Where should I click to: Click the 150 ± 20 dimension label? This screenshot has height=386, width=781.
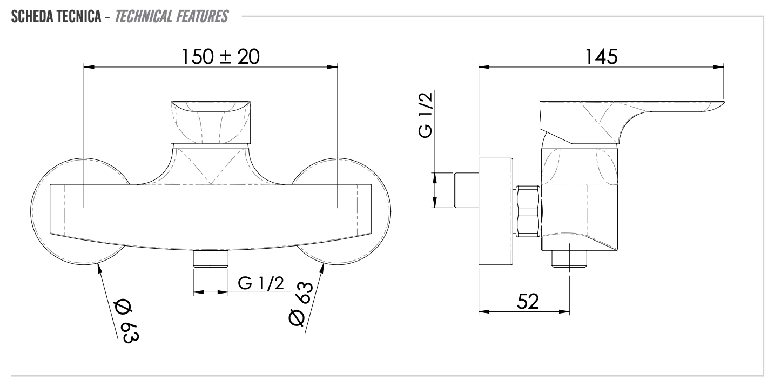point(221,57)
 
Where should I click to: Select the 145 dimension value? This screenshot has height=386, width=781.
point(601,57)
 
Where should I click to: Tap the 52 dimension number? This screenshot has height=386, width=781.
point(528,301)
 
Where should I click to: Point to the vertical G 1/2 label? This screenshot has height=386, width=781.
point(426,115)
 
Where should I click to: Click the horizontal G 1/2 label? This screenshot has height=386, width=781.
point(261,283)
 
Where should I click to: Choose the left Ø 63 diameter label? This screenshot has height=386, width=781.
point(127,321)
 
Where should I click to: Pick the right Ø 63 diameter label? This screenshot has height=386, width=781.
point(301,303)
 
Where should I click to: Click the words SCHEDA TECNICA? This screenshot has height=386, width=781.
point(56,16)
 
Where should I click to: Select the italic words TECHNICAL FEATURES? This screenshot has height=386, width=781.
point(172,16)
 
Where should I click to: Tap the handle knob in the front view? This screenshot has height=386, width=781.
point(211,122)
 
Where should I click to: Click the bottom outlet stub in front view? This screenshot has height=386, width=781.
point(211,258)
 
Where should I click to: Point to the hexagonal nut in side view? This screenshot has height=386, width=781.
point(528,211)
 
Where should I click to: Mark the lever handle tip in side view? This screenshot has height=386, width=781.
point(723,103)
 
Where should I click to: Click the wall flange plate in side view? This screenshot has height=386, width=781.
point(495,211)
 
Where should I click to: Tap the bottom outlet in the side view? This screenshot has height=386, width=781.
point(569,259)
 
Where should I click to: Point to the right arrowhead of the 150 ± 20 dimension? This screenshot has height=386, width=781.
point(332,66)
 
